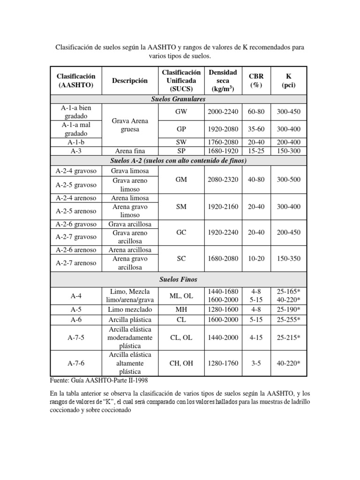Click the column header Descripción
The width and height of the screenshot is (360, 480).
(x=130, y=81)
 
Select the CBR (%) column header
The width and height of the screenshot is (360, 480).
(x=256, y=81)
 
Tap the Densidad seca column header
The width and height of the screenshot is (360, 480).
(x=223, y=81)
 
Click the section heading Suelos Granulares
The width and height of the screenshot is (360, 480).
(x=178, y=99)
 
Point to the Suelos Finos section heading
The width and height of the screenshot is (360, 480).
(x=178, y=279)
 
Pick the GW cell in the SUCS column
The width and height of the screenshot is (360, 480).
(x=181, y=112)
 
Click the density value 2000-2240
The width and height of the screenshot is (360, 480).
(x=223, y=112)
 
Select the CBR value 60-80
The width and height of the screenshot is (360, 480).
(x=256, y=112)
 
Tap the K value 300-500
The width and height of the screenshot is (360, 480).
(x=289, y=180)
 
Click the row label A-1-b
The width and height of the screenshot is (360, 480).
(x=76, y=142)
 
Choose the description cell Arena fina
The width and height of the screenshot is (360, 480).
(x=130, y=151)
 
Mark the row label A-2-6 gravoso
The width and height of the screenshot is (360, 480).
(x=76, y=224)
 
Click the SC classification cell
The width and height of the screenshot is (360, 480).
(x=181, y=258)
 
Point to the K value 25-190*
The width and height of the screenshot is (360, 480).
(x=289, y=309)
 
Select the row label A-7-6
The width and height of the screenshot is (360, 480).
(x=76, y=363)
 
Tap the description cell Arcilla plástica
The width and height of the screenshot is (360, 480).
(x=130, y=319)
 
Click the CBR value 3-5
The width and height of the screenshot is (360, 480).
(x=256, y=363)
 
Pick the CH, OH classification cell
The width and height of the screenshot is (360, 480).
(x=181, y=363)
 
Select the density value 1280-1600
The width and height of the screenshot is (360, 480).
(x=223, y=309)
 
